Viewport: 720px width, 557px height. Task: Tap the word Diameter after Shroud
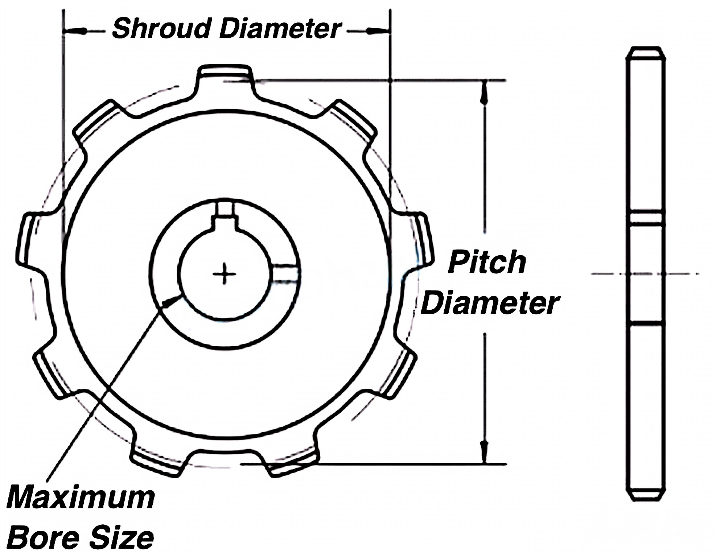(x=280, y=29)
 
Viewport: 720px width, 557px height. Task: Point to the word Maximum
(x=81, y=499)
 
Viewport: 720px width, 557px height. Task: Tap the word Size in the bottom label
(x=122, y=538)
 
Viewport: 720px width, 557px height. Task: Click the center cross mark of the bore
(x=224, y=274)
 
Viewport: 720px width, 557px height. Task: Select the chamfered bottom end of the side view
(x=646, y=495)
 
